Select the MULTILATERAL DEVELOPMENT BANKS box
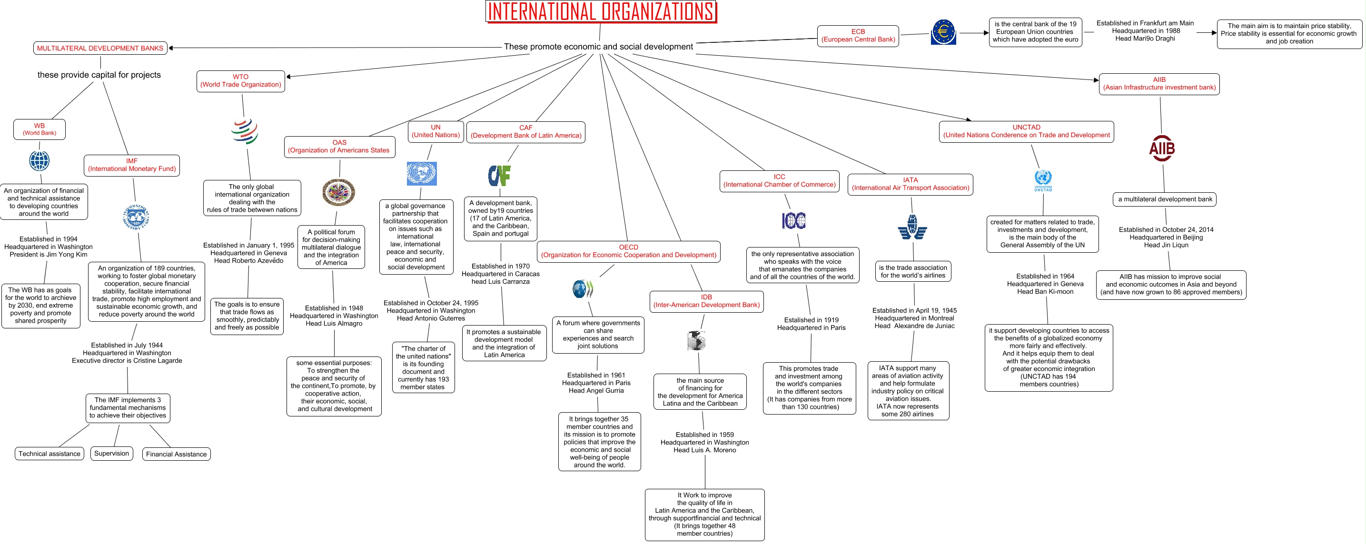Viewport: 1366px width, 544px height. (100, 48)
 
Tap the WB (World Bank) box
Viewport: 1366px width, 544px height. (39, 129)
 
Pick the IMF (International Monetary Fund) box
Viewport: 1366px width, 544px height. (131, 165)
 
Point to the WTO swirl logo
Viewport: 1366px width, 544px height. (245, 131)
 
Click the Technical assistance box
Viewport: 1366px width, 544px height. (49, 454)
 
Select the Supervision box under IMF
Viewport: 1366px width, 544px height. (111, 453)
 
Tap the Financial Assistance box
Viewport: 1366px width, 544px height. (176, 455)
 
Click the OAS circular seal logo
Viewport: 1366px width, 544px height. (338, 192)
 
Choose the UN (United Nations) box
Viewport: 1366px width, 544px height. (436, 131)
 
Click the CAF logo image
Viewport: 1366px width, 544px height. (499, 176)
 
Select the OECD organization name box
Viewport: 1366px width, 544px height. (628, 251)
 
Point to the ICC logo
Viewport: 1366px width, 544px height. (793, 220)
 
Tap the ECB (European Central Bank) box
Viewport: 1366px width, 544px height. (858, 36)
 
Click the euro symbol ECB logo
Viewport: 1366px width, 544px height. (943, 32)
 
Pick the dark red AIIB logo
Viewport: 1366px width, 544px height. (1161, 149)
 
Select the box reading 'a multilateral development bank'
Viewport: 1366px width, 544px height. (1165, 199)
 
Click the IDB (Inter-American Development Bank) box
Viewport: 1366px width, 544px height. (706, 301)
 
